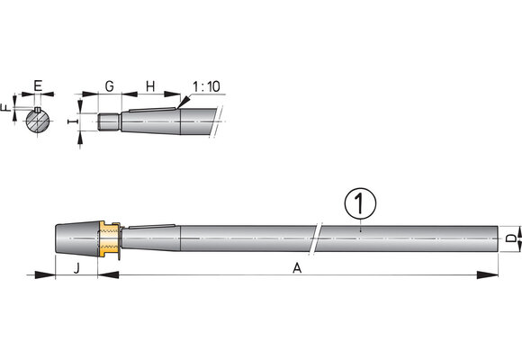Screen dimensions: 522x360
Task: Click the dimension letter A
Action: pyautogui.click(x=297, y=268)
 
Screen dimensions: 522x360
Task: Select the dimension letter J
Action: pyautogui.click(x=76, y=268)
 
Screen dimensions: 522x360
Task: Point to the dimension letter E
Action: pyautogui.click(x=38, y=85)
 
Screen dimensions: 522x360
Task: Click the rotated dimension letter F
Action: pyautogui.click(x=5, y=108)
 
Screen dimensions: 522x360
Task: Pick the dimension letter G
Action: pyautogui.click(x=110, y=85)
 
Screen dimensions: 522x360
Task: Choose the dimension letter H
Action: pyautogui.click(x=150, y=85)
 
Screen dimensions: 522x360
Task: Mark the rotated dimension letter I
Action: pyautogui.click(x=73, y=121)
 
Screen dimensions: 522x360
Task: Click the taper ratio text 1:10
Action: pyautogui.click(x=206, y=86)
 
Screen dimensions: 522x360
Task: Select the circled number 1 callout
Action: pyautogui.click(x=360, y=203)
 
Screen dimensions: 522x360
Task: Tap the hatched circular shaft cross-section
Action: pyautogui.click(x=38, y=121)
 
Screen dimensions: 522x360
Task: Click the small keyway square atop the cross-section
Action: pyautogui.click(x=38, y=110)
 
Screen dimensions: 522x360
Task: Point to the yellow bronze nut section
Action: pyautogui.click(x=109, y=238)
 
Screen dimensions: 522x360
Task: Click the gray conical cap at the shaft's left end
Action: pyautogui.click(x=77, y=238)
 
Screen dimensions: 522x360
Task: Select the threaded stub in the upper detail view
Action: pyautogui.click(x=109, y=121)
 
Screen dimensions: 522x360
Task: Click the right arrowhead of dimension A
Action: pyautogui.click(x=488, y=275)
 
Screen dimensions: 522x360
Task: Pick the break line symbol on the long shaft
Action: pyautogui.click(x=316, y=238)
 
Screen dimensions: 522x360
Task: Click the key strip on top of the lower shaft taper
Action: pyautogui.click(x=152, y=226)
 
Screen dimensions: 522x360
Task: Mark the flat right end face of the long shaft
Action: pyautogui.click(x=498, y=238)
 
